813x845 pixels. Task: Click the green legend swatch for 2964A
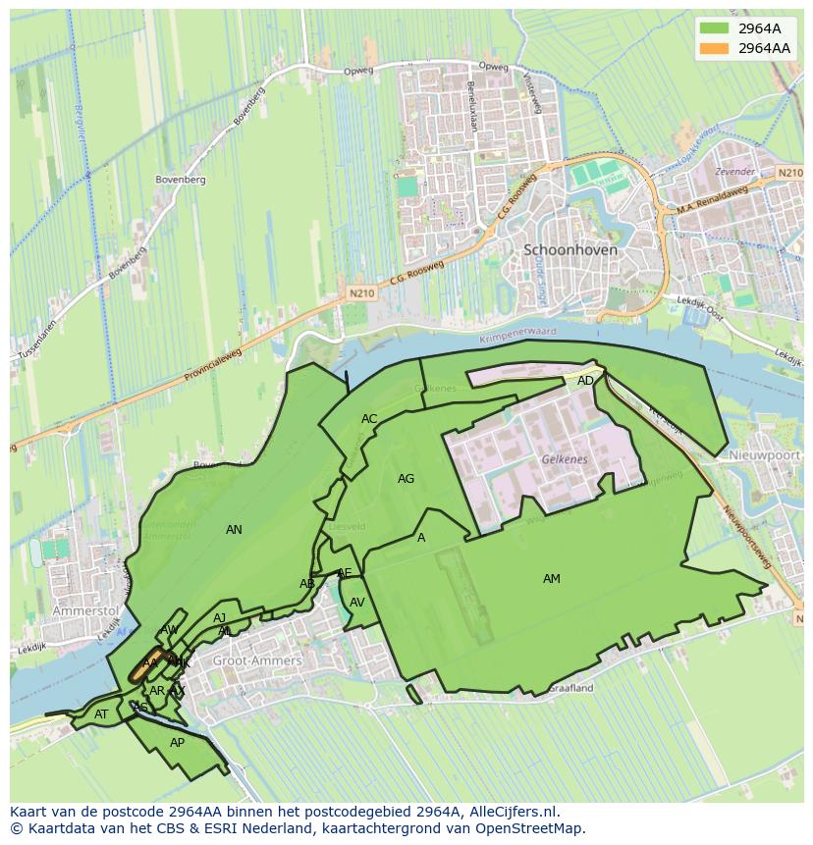coord(715,28)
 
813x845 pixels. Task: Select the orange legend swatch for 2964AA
coord(715,48)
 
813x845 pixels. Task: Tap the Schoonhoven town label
coord(570,250)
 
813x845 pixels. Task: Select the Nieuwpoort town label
coord(766,456)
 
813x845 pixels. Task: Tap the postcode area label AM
coord(552,579)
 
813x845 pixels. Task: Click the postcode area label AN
coord(234,530)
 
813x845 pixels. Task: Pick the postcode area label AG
coord(406,479)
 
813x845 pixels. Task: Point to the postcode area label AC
coord(369,419)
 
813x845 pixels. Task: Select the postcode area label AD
coord(585,381)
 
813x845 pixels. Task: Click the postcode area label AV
coord(357,603)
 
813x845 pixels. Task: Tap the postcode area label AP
coord(177,743)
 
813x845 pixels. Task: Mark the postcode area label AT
coord(101,714)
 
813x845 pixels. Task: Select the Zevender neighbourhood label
coord(735,172)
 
